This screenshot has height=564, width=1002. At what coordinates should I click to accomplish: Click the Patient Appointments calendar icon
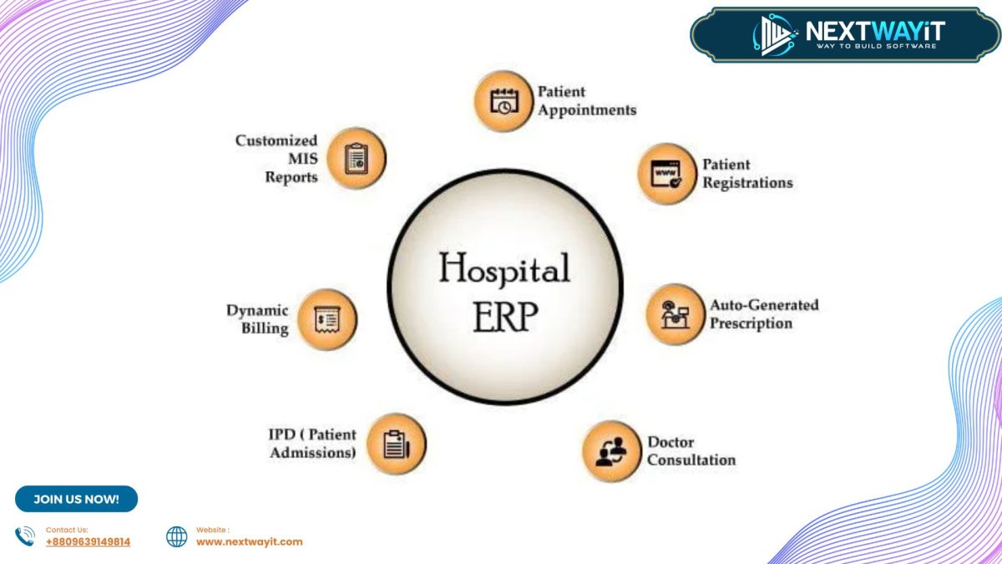click(504, 101)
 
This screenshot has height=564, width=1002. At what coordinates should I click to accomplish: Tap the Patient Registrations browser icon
click(666, 174)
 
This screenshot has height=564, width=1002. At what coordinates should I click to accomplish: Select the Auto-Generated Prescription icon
click(674, 314)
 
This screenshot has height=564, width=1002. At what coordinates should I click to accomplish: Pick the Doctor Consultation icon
click(610, 451)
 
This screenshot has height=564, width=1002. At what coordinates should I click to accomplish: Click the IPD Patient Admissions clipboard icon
click(396, 444)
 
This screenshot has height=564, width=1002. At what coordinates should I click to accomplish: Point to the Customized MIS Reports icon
click(357, 158)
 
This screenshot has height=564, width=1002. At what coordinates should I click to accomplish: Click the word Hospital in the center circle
click(504, 269)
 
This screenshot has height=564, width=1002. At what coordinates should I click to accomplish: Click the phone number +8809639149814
click(88, 541)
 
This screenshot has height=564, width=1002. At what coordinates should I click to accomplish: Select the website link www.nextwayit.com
click(249, 541)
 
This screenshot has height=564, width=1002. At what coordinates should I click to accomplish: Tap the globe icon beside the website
click(177, 536)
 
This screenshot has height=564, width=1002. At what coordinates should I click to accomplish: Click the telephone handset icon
click(25, 536)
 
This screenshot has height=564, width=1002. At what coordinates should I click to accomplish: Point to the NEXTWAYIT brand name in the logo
click(874, 31)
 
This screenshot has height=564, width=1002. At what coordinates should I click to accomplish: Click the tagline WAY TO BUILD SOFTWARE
click(875, 45)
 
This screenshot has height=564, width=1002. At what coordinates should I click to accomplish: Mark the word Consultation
click(691, 460)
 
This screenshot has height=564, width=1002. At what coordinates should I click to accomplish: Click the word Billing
click(265, 328)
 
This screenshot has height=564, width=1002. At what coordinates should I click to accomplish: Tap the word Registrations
click(747, 183)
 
